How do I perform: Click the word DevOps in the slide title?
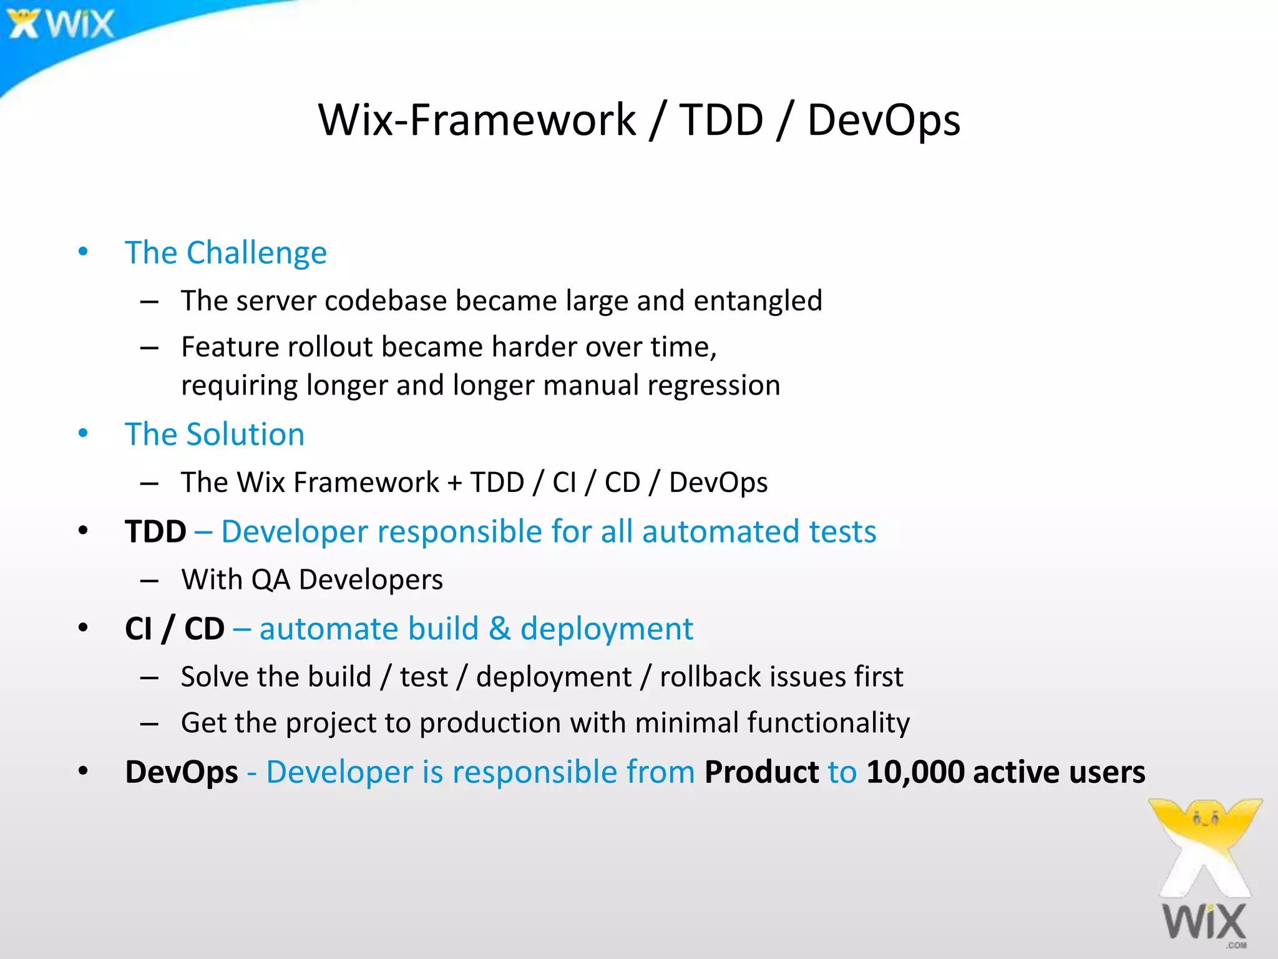tap(883, 120)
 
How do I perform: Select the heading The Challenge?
tap(225, 253)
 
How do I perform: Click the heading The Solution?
tap(215, 435)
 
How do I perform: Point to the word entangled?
tap(758, 301)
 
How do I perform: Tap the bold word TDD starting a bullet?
tap(155, 532)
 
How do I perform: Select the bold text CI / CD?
tap(174, 629)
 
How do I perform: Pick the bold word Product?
tap(761, 772)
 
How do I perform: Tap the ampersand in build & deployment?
tap(499, 629)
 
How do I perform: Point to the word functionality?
tap(828, 723)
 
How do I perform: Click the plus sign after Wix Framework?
tap(454, 483)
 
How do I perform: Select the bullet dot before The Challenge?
tap(83, 252)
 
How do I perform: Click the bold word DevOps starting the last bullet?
tap(181, 772)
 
